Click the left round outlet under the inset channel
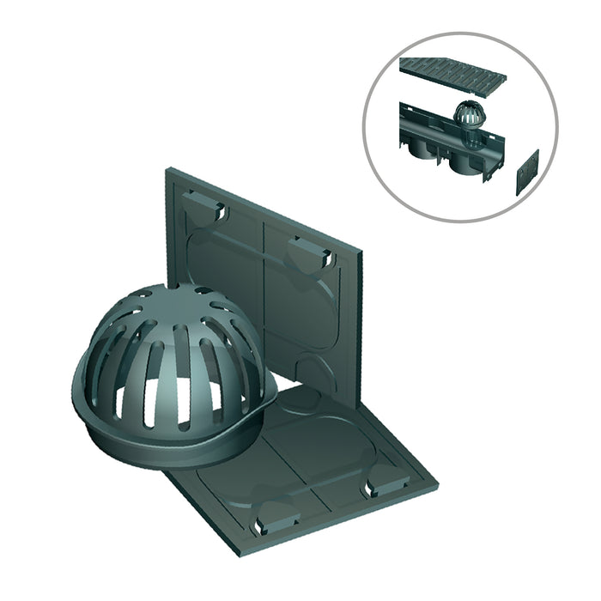(x=427, y=154)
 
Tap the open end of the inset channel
(x=404, y=120)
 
